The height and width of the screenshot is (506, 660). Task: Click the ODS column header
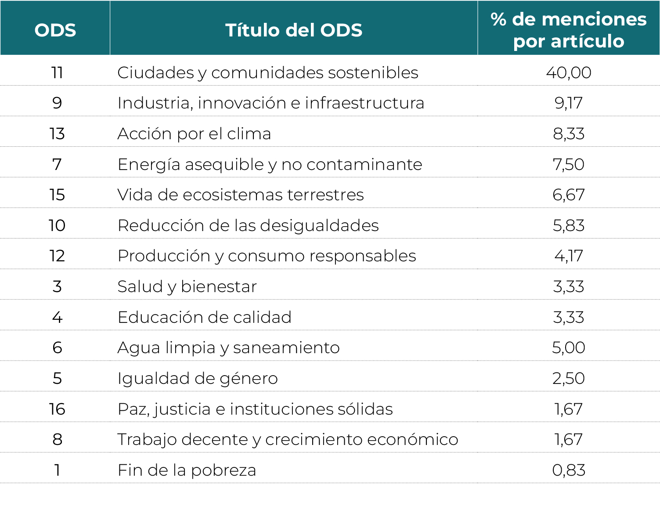pyautogui.click(x=55, y=30)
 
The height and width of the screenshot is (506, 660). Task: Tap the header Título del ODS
pyautogui.click(x=294, y=30)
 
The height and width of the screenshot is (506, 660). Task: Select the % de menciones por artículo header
pyautogui.click(x=568, y=30)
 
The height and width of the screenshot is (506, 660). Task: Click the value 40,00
pyautogui.click(x=569, y=72)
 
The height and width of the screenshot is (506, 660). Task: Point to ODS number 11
pyautogui.click(x=57, y=72)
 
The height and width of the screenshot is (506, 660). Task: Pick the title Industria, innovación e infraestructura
pyautogui.click(x=271, y=103)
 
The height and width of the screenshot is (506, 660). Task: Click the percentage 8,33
pyautogui.click(x=569, y=134)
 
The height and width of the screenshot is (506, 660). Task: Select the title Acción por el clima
pyautogui.click(x=194, y=134)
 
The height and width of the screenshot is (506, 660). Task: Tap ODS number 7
pyautogui.click(x=57, y=164)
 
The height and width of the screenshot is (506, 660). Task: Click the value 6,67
pyautogui.click(x=569, y=195)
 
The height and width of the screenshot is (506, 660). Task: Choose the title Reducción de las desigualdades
pyautogui.click(x=248, y=225)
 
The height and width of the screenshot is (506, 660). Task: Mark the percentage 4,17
pyautogui.click(x=569, y=256)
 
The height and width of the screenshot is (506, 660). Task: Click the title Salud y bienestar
pyautogui.click(x=187, y=286)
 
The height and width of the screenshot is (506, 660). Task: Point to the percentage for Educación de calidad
pyautogui.click(x=569, y=317)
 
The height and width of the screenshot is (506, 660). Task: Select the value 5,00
pyautogui.click(x=569, y=347)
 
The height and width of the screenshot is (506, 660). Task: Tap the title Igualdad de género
pyautogui.click(x=198, y=378)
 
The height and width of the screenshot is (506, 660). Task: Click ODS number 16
pyautogui.click(x=57, y=409)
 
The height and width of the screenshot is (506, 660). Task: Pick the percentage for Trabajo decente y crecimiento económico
pyautogui.click(x=569, y=439)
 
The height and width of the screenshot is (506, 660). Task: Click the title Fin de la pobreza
pyautogui.click(x=187, y=470)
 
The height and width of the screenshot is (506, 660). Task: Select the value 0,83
pyautogui.click(x=569, y=470)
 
